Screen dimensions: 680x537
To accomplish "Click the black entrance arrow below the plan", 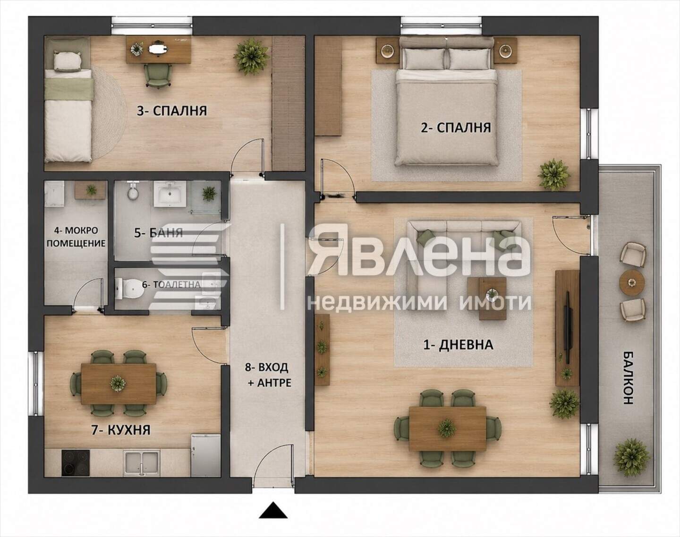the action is (x=273, y=510).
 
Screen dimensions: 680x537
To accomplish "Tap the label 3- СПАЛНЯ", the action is (x=171, y=111).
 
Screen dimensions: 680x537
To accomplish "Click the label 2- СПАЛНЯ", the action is (x=456, y=128).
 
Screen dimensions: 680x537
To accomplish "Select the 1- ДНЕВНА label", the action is (x=458, y=344).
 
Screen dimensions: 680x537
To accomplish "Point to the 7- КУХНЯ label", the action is (x=121, y=430).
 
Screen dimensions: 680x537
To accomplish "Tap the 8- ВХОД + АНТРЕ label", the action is (x=268, y=375).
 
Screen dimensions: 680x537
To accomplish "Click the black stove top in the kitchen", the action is (x=76, y=463).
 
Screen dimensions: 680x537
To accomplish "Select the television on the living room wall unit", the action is (x=568, y=328).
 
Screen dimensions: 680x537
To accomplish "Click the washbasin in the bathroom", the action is (x=170, y=193).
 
